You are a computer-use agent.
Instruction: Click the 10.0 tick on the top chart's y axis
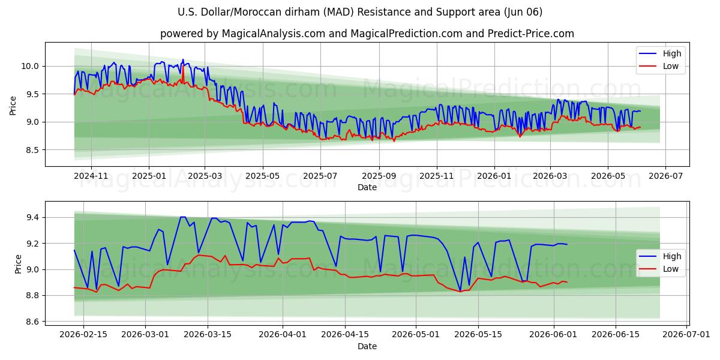(x=29, y=66)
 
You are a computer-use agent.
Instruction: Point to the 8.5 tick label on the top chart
(x=32, y=150)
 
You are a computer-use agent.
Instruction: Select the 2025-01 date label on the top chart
(x=149, y=176)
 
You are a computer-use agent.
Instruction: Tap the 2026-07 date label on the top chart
(x=665, y=176)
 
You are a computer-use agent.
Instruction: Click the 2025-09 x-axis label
(x=379, y=176)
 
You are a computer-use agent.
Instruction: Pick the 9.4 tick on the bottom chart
(x=32, y=218)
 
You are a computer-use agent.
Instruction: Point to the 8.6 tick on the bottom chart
(x=32, y=322)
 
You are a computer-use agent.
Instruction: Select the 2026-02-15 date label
(x=83, y=335)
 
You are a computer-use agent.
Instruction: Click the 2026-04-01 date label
(x=283, y=335)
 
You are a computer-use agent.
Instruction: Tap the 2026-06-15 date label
(x=616, y=335)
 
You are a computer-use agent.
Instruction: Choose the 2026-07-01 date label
(x=686, y=335)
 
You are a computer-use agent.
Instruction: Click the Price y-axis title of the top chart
(x=13, y=106)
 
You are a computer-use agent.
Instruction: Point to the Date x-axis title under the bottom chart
(x=367, y=346)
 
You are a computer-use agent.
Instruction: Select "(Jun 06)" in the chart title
(x=523, y=12)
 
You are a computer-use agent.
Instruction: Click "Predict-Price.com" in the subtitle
(x=530, y=34)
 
